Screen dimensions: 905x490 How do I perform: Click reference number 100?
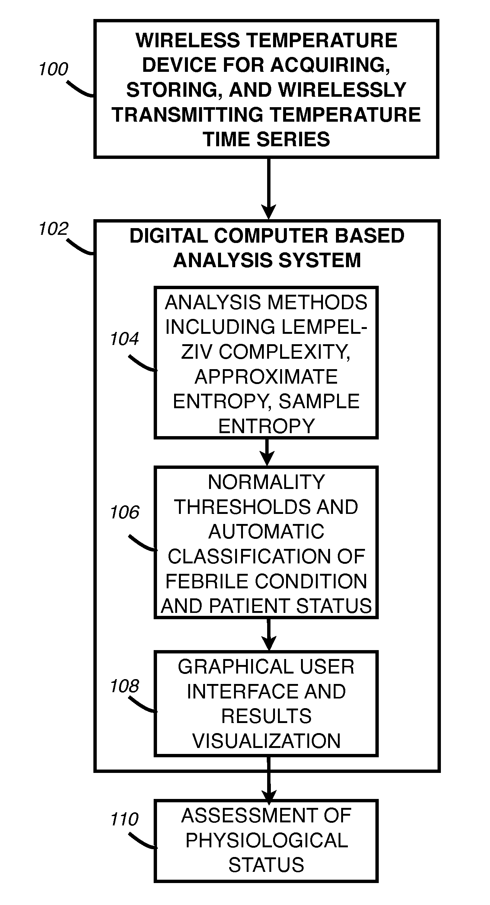pos(54,70)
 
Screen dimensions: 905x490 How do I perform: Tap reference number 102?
pos(54,229)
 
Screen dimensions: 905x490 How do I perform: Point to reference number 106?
pos(125,512)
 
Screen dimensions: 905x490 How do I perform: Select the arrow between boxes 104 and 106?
pos(267,452)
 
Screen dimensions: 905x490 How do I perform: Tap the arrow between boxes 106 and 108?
pos(268,634)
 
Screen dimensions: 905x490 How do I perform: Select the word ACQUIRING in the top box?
pos(330,65)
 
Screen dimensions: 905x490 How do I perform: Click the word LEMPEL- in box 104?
pos(324,327)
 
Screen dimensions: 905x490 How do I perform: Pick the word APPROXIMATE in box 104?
pos(266,377)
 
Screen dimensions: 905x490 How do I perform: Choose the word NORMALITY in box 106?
pos(266,482)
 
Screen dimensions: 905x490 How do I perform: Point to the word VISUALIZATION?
pos(266,741)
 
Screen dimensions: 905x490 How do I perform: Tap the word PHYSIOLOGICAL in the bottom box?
pos(266,840)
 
